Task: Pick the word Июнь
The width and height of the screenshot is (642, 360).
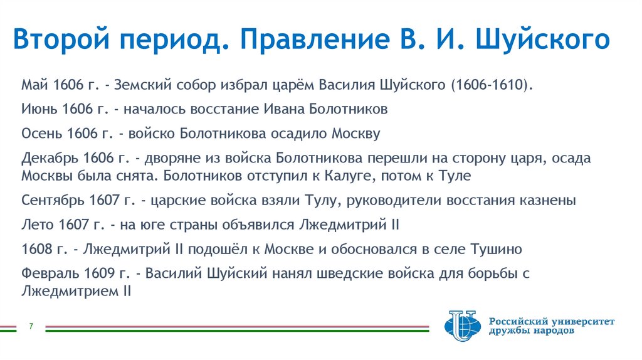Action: (39, 109)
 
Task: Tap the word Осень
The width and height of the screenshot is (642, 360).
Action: (41, 134)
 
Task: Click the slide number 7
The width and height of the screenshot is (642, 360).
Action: (31, 327)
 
